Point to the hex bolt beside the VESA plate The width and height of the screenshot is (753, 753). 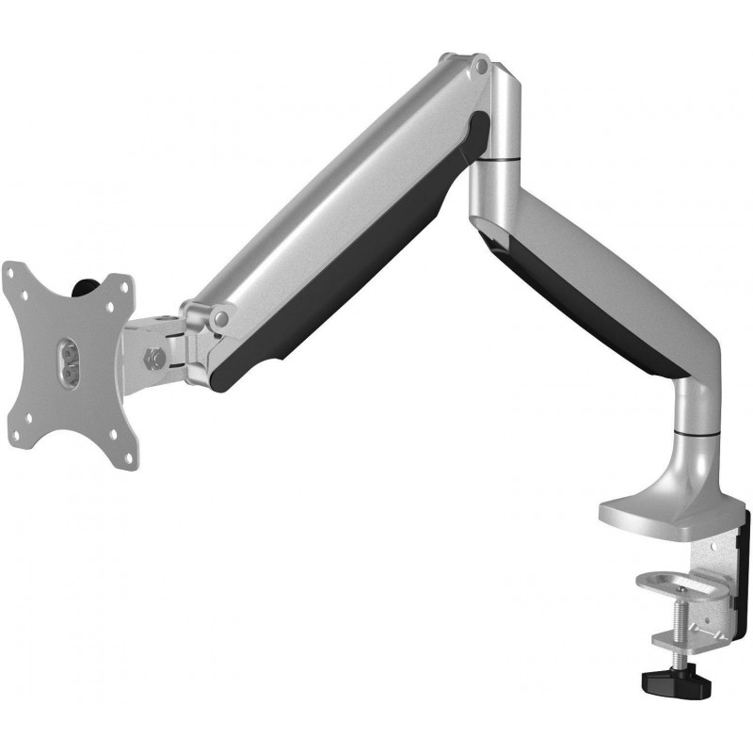coord(154,357)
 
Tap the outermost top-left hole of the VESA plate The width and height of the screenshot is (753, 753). coord(11,272)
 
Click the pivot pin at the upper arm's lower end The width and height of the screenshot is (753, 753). coord(222,319)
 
